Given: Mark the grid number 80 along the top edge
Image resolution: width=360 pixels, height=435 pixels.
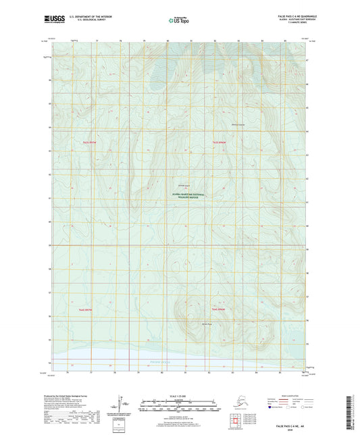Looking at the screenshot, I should click(168, 41).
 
